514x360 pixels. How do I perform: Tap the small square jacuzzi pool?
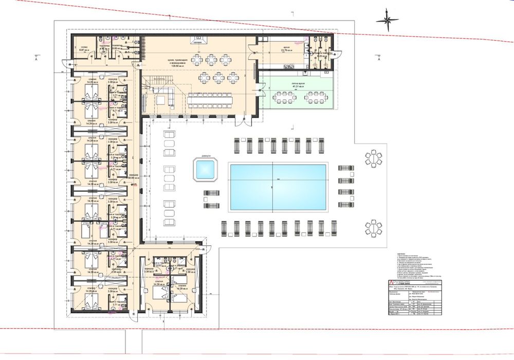(x=206, y=169)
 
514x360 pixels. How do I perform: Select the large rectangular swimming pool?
(x=278, y=186)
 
